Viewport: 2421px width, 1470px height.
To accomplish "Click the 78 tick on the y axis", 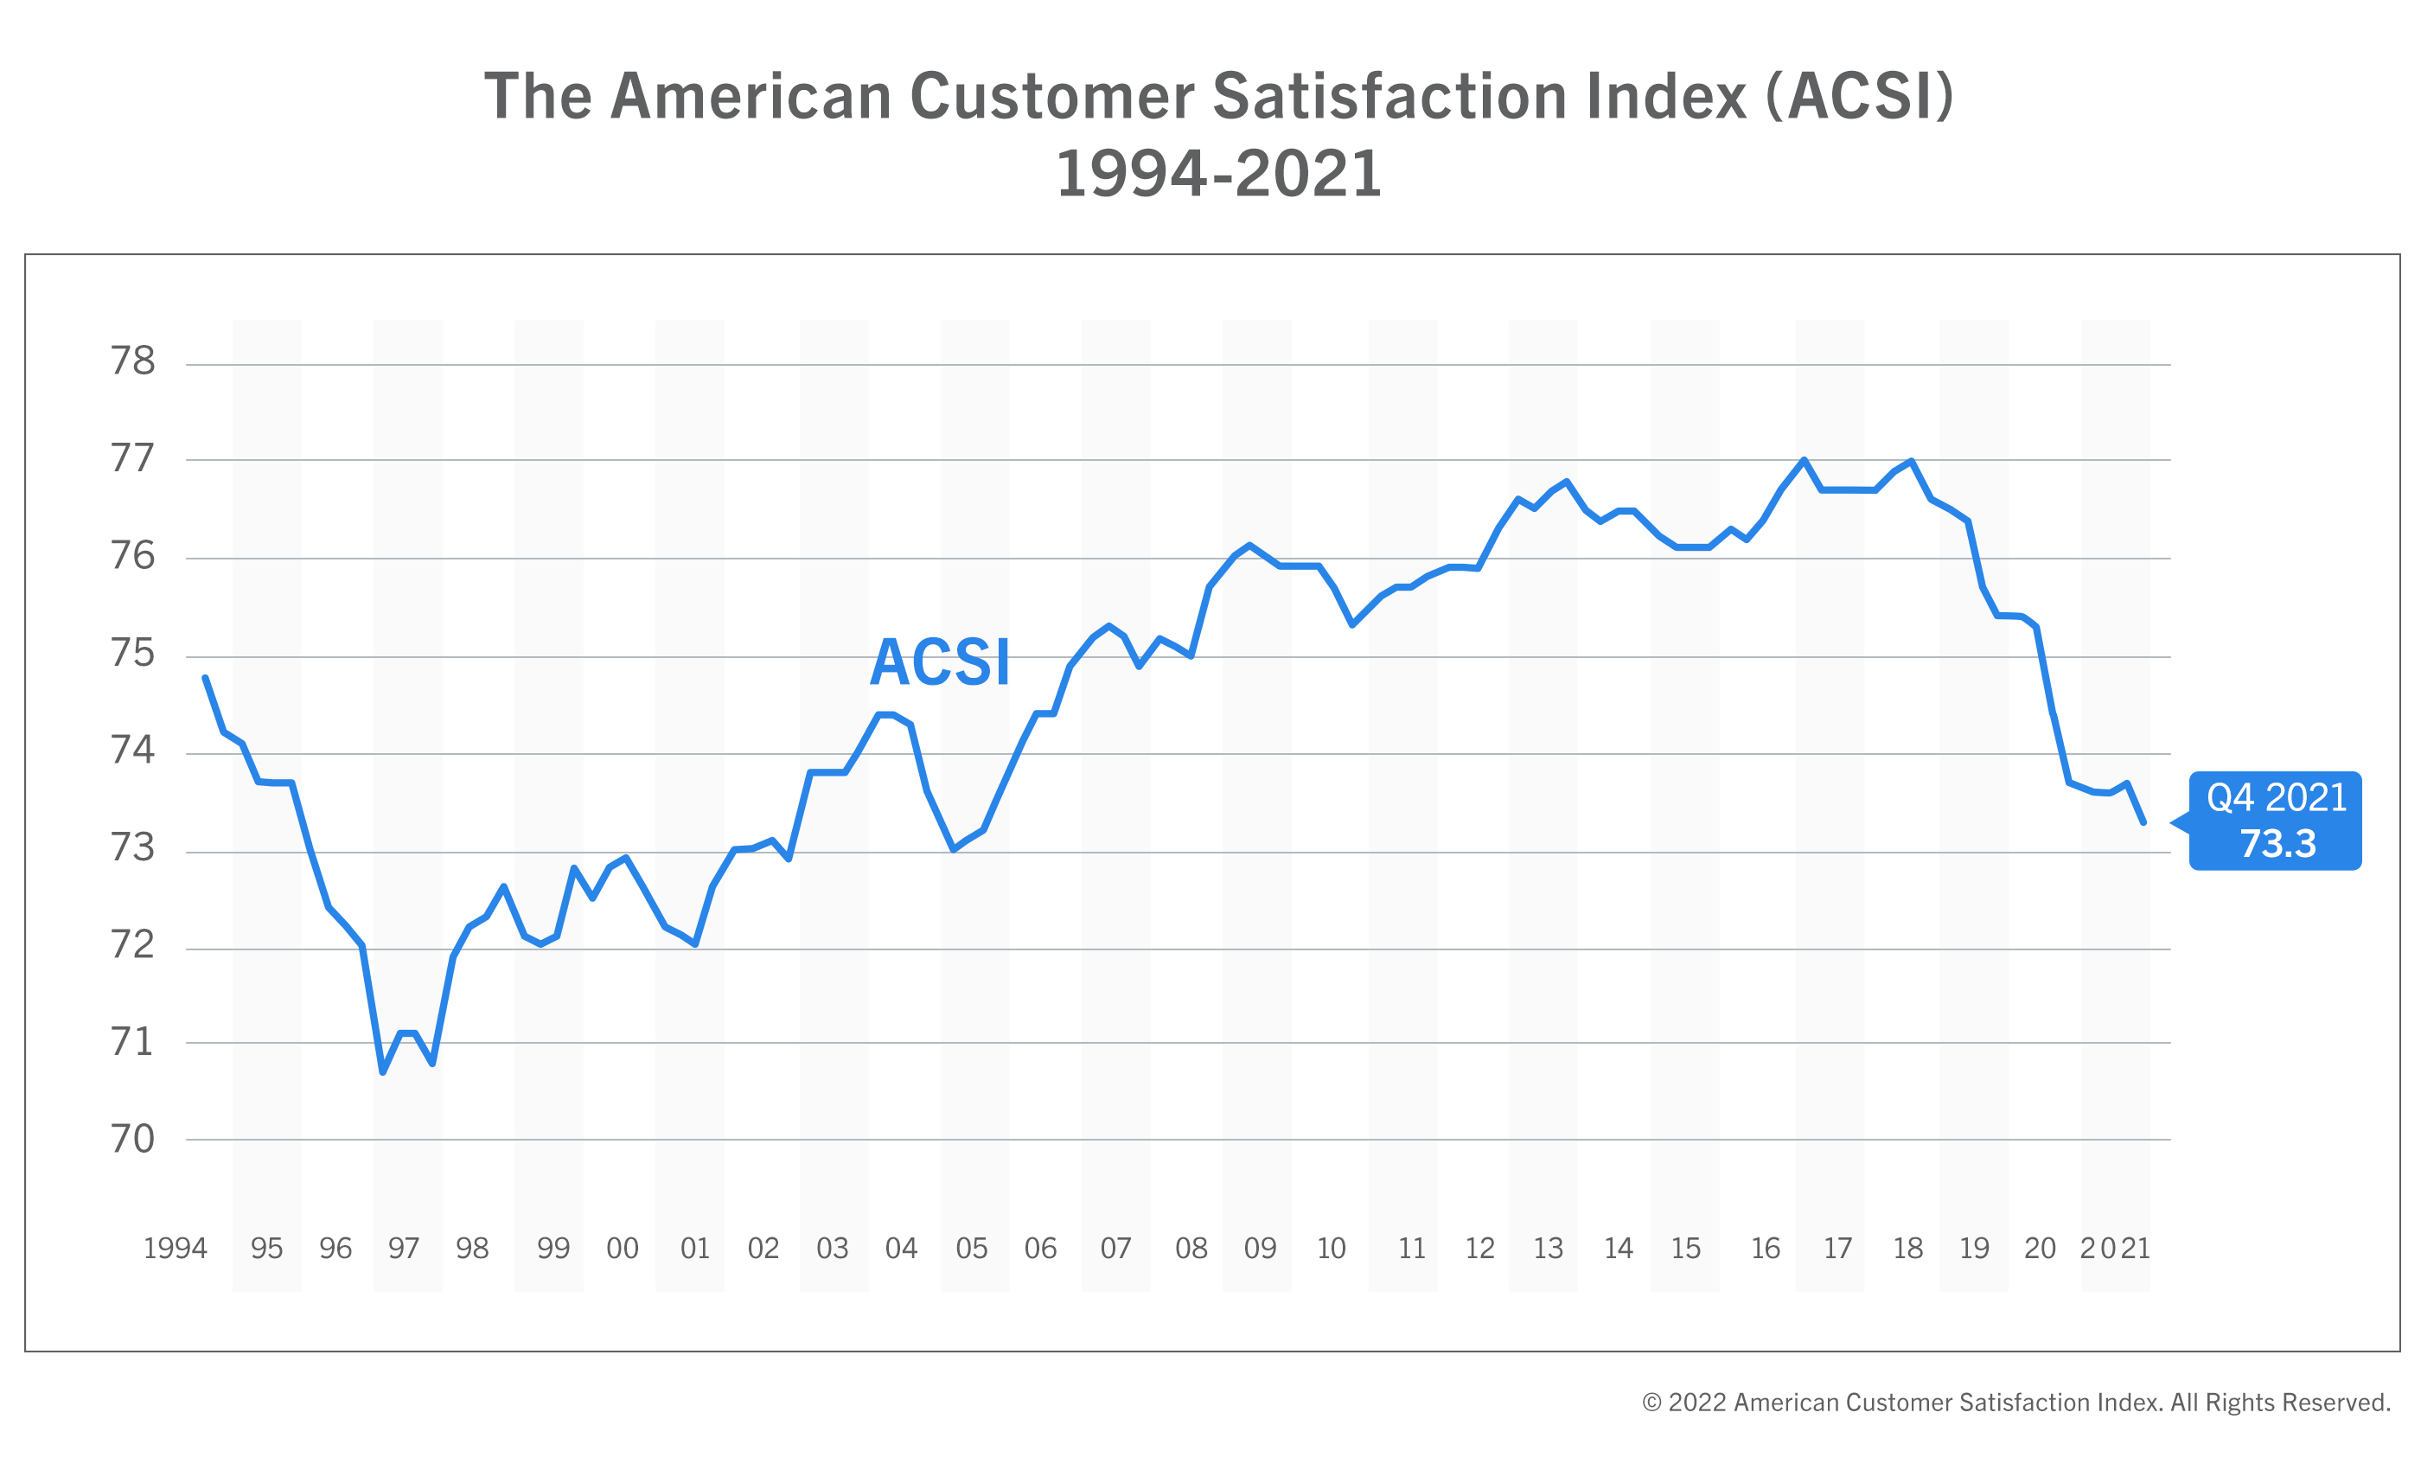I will [x=132, y=361].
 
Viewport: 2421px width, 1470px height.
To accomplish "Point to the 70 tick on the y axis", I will [x=132, y=1139].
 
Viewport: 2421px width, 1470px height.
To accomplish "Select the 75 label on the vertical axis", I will [x=132, y=654].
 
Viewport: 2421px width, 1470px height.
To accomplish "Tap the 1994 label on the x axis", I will [x=175, y=1248].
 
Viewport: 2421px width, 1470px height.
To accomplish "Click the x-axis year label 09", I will [x=1260, y=1248].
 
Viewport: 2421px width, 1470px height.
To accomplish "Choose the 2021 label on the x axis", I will [x=2114, y=1248].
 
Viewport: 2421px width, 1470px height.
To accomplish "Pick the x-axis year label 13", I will [x=1548, y=1248].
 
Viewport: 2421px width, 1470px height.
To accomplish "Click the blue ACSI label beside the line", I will [x=939, y=662].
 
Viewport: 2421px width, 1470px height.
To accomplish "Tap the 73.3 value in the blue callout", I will [x=2277, y=843].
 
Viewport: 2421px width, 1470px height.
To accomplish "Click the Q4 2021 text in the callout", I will [x=2277, y=797].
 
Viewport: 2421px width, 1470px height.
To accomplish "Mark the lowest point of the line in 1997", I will [x=382, y=1072].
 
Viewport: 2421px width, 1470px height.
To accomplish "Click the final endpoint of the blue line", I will [x=2143, y=822].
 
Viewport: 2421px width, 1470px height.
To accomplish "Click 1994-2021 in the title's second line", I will [x=1218, y=174].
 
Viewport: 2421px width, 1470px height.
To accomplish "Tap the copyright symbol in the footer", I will [x=1651, y=1403].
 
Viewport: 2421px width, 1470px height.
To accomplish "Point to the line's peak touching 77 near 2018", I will [x=1910, y=461].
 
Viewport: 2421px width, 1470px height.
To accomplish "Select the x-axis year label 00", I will [x=622, y=1248].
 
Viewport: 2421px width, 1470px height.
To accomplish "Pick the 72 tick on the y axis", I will [x=132, y=944].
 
